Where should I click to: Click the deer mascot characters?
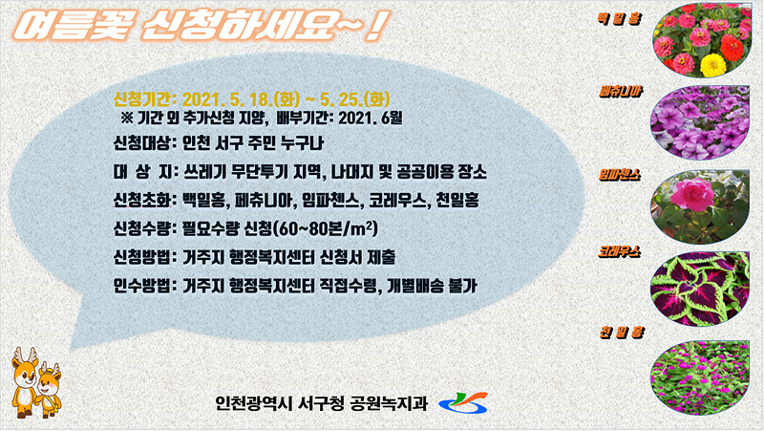35,381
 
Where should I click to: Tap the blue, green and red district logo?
464,402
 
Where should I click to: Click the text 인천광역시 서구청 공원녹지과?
322,401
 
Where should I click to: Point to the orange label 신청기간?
141,99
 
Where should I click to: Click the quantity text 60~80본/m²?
323,229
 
